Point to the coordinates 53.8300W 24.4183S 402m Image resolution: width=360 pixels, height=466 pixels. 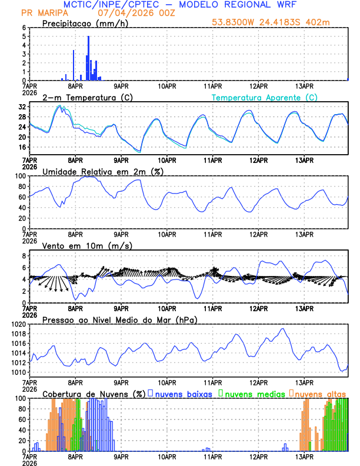(x=280, y=22)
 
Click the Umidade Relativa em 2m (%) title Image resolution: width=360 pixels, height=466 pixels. (x=102, y=171)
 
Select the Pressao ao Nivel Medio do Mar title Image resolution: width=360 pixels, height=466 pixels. (x=119, y=319)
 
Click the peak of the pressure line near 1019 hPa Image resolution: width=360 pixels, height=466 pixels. (x=283, y=329)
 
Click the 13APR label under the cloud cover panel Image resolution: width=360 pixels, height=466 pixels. (x=304, y=456)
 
